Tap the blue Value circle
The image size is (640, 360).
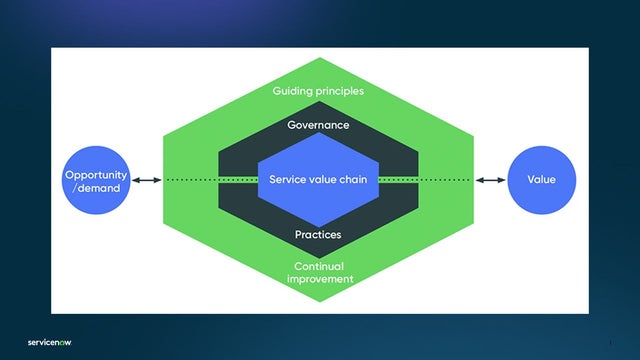pyautogui.click(x=541, y=180)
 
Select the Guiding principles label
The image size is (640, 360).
pyautogui.click(x=318, y=91)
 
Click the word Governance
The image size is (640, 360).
pyautogui.click(x=318, y=126)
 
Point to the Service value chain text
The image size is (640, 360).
pyautogui.click(x=318, y=180)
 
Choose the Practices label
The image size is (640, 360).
pyautogui.click(x=318, y=235)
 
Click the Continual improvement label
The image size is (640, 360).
pyautogui.click(x=318, y=273)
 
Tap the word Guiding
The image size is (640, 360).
pyautogui.click(x=292, y=91)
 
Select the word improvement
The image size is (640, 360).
pyautogui.click(x=318, y=279)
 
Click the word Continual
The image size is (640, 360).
pyautogui.click(x=318, y=267)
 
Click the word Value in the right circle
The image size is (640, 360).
pyautogui.click(x=541, y=180)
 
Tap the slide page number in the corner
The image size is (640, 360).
pyautogui.click(x=609, y=342)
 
